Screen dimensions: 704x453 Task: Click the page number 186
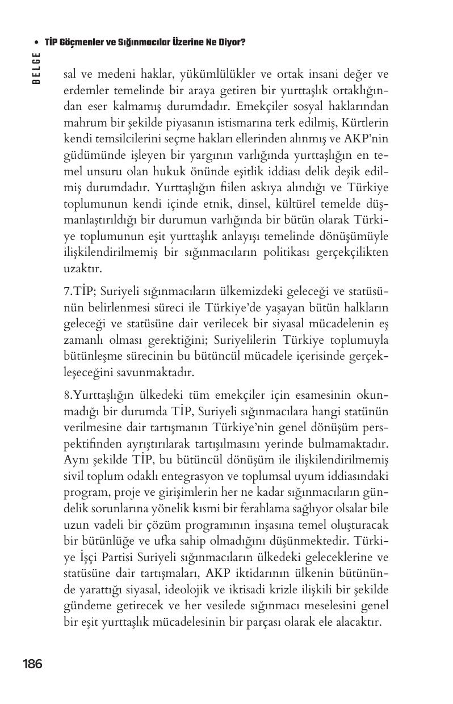[x=32, y=663]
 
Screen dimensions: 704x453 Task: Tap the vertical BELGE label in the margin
[x=36, y=68]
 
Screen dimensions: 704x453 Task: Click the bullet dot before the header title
[x=36, y=43]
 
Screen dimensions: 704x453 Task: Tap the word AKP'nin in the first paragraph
[x=368, y=138]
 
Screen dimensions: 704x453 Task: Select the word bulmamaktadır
[x=353, y=442]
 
